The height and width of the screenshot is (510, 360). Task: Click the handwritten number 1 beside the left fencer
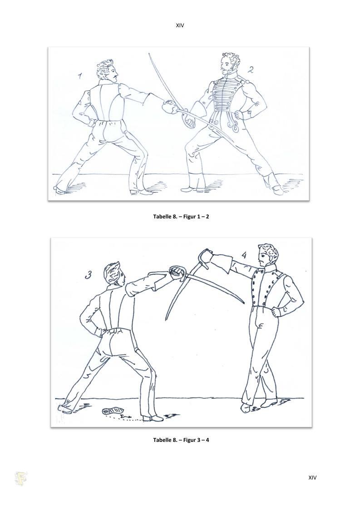(x=80, y=76)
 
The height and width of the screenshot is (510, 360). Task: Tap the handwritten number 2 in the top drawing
(x=251, y=69)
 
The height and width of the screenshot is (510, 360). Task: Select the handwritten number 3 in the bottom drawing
(x=88, y=275)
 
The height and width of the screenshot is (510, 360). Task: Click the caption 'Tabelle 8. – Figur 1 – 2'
(x=181, y=216)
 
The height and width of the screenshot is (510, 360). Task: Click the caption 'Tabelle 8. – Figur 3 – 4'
(x=181, y=440)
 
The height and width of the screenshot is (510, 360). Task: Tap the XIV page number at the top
(x=180, y=25)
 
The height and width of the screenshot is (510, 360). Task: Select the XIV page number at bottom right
(x=312, y=478)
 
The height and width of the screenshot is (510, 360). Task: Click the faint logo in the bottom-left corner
(x=21, y=479)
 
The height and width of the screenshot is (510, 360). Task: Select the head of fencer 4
(x=267, y=255)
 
